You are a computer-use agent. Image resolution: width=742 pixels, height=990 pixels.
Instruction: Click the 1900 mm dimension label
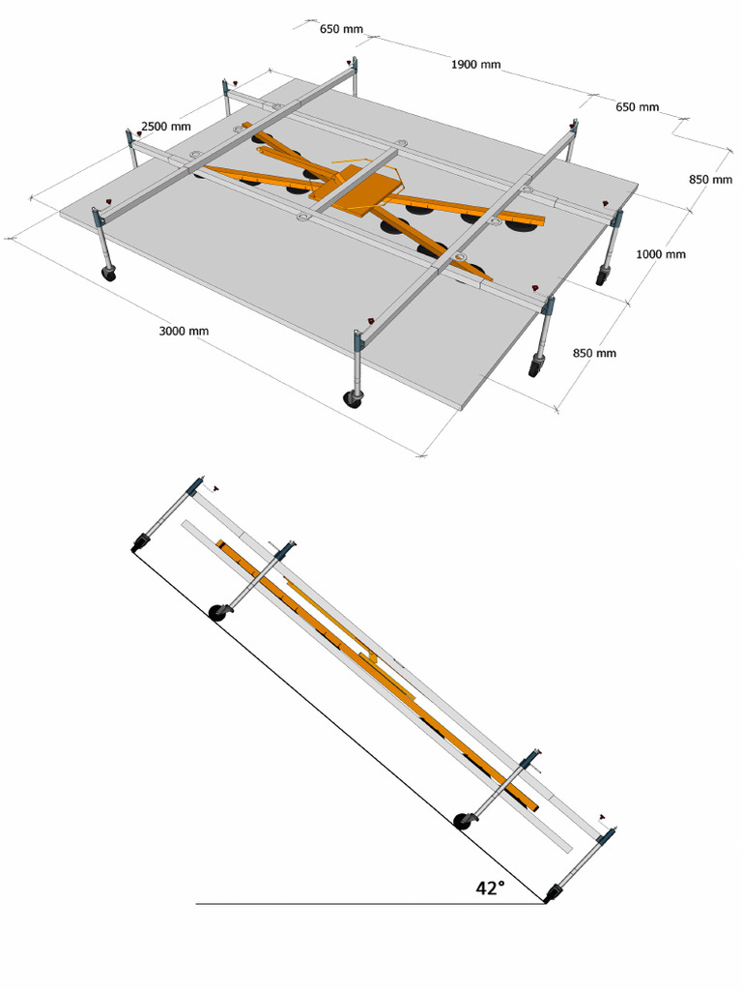click(475, 65)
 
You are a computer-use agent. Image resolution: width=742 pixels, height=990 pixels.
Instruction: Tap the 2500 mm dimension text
click(165, 127)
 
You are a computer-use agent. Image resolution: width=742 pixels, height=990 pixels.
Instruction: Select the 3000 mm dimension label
click(184, 331)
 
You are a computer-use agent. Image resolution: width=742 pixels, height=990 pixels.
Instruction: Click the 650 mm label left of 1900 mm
click(341, 29)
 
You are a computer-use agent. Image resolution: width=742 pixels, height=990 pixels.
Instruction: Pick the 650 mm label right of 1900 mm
click(637, 107)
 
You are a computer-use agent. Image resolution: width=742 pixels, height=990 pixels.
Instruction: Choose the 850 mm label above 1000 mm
click(710, 179)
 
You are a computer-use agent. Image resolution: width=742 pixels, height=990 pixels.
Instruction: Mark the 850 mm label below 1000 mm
click(594, 353)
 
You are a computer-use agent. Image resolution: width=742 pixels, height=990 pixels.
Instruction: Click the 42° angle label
click(490, 888)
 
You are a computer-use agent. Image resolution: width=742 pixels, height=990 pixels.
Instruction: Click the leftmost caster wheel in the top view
click(108, 275)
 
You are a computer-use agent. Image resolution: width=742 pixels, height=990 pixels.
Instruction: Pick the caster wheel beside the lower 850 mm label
click(534, 367)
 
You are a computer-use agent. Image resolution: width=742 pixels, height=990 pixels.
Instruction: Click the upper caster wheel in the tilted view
click(218, 612)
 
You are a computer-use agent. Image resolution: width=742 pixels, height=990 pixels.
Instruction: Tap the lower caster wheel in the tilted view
click(465, 821)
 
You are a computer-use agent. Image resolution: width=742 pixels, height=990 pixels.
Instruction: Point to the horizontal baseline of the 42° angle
click(367, 904)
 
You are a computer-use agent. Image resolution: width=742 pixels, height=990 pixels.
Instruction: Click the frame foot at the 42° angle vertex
click(552, 895)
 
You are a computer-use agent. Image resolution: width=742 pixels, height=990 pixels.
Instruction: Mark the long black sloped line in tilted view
click(338, 725)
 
